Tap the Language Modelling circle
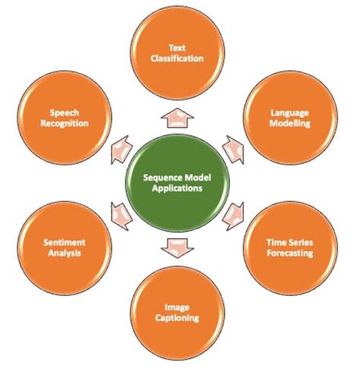(291, 118)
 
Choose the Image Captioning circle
(180, 313)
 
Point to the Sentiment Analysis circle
(64, 247)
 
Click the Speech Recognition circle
(64, 118)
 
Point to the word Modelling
(291, 123)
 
